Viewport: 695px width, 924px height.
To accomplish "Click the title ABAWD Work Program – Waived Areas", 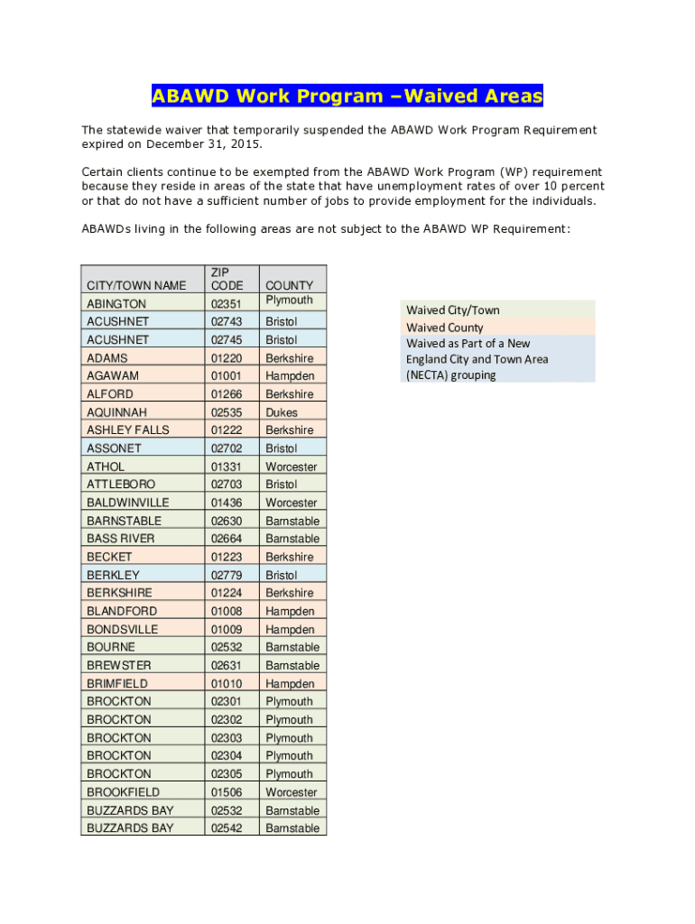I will [x=347, y=97].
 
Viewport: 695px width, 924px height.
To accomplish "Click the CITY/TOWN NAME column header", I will [x=136, y=286].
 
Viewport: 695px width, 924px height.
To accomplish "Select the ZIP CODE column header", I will [x=227, y=279].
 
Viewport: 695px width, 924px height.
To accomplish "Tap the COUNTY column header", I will [x=289, y=286].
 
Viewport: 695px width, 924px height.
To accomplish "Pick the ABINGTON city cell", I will [x=116, y=304].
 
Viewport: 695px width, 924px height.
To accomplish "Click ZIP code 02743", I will [x=227, y=322].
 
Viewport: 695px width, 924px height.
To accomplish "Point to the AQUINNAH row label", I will [x=116, y=412].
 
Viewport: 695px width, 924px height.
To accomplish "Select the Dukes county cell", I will [x=281, y=412].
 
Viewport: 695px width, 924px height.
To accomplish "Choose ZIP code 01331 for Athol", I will [x=227, y=467].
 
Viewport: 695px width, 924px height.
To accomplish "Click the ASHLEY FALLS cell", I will [x=127, y=430].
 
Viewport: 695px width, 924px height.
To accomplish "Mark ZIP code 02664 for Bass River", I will [x=227, y=539].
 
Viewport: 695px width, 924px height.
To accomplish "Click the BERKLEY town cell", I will [x=113, y=575].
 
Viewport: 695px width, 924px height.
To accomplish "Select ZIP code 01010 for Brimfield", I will [x=227, y=683].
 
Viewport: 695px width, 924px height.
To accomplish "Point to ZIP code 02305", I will [x=227, y=773].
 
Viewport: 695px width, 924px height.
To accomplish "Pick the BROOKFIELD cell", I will [x=123, y=792].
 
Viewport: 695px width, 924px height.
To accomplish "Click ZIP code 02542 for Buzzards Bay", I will [x=227, y=828].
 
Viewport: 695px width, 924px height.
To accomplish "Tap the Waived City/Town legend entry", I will [x=452, y=310].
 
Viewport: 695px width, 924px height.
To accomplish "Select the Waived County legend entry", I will [x=444, y=328].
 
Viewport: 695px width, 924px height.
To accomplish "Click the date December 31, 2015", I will [x=199, y=144].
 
